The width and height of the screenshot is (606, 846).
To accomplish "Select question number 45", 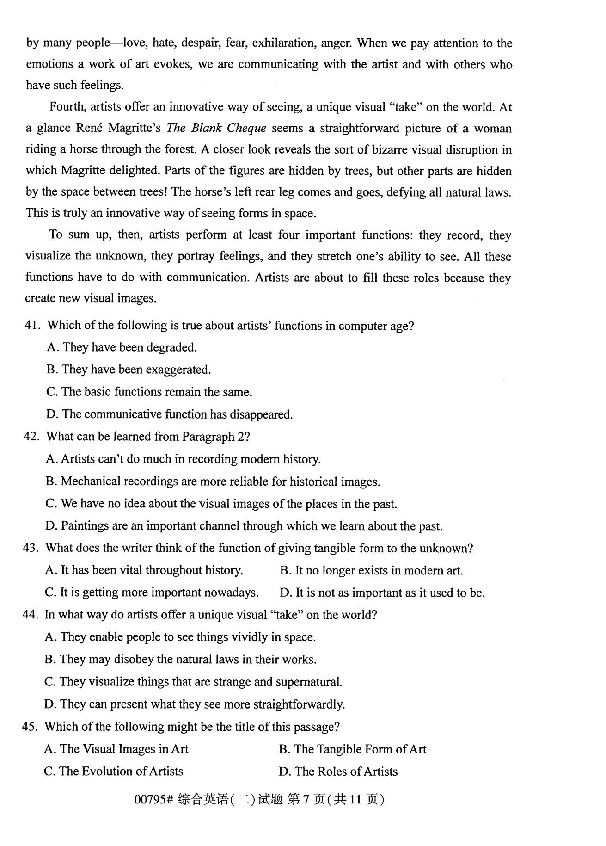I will pos(29,726).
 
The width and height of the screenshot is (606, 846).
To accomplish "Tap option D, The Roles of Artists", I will pos(338,771).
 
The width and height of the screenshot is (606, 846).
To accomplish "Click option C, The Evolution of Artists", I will pos(113,771).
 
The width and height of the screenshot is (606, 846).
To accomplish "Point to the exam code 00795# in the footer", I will pos(153,799).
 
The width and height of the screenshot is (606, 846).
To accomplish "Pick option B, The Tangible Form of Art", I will pos(352,749).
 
